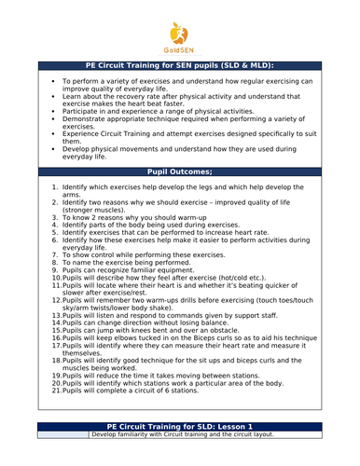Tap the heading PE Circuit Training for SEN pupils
point(180,67)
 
